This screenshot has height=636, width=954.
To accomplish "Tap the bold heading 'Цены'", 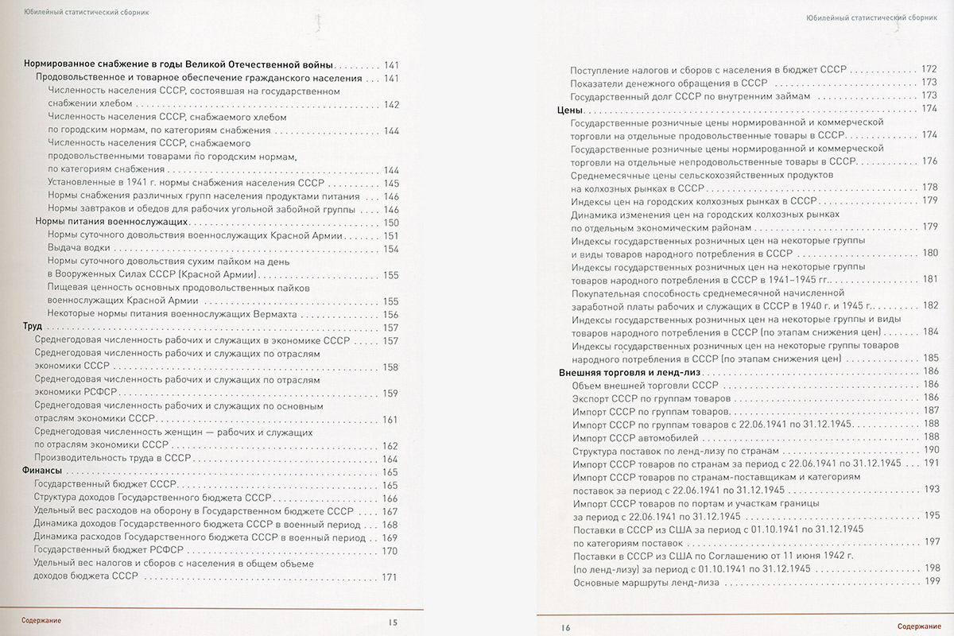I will coord(572,109).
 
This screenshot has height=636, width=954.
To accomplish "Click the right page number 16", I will coord(565,627).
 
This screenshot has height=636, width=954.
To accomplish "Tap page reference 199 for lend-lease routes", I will coord(932,583).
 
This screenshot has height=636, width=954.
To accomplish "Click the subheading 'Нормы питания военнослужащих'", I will coord(111,222).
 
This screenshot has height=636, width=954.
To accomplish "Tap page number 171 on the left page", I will coord(390,577).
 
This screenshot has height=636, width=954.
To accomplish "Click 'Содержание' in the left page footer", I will coord(41,620).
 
